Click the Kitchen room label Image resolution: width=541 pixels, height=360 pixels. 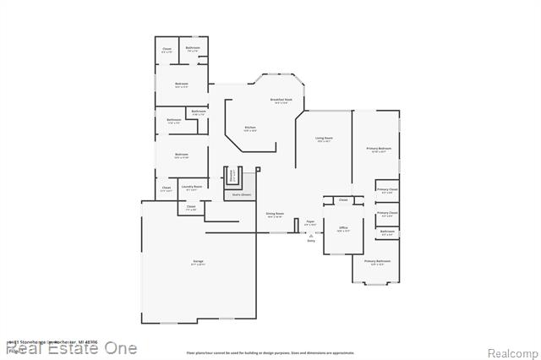point(249,128)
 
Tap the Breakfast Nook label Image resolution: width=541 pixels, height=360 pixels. point(281,101)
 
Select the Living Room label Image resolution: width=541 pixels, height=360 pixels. point(324,139)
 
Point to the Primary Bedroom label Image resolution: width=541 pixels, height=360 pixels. point(378,150)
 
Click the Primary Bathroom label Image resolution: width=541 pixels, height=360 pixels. point(377,262)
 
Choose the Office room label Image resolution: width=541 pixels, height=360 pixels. point(343,228)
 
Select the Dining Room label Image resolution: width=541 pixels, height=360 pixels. point(274,215)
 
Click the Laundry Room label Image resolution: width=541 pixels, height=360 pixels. point(192,187)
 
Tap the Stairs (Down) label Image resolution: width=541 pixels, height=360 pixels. point(242,194)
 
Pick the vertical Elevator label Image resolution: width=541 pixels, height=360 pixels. point(233,176)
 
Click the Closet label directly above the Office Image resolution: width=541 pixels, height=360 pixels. point(342,200)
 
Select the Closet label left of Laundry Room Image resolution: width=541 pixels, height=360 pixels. point(166,188)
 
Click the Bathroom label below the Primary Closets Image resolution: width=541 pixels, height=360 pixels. point(387,232)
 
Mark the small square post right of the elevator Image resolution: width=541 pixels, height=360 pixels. point(259,170)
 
